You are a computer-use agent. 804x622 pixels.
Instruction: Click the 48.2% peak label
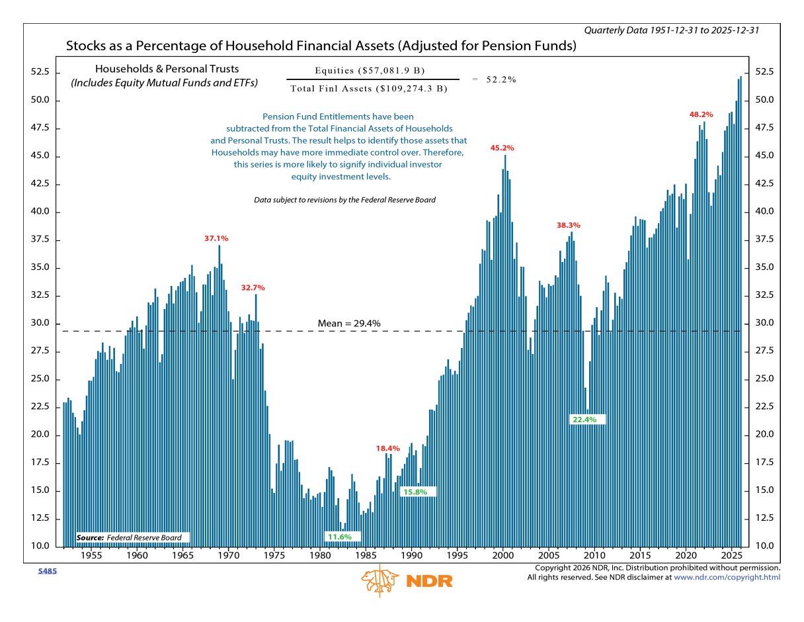coord(702,114)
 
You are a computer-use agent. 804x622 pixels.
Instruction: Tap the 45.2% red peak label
coord(502,148)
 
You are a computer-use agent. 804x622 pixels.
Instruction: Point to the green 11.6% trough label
coord(339,537)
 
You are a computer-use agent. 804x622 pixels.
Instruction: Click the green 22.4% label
coord(584,420)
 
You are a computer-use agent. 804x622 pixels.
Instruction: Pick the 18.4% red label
coord(388,449)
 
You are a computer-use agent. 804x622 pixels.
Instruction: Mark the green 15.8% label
coord(415,492)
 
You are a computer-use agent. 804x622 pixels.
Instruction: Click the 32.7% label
coord(253,288)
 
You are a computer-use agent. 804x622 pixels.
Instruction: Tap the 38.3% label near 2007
coord(569,226)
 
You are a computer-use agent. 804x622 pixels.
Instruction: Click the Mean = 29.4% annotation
coord(349,324)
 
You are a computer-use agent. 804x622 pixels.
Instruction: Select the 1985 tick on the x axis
coord(366,556)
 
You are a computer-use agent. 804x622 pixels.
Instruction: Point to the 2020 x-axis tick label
coord(686,556)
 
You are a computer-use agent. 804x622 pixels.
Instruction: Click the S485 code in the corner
coord(47,570)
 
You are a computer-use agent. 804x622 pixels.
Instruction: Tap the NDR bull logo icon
coord(380,580)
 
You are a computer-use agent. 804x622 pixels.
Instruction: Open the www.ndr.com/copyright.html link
coord(727,578)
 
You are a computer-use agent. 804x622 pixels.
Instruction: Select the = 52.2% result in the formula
coord(495,79)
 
